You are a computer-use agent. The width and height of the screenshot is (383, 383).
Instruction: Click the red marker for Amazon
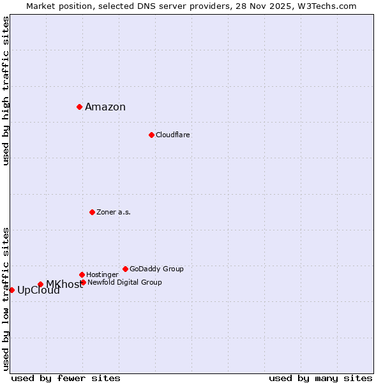(79, 107)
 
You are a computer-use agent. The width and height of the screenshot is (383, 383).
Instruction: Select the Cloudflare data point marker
(151, 135)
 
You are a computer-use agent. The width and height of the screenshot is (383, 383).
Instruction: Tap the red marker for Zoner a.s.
(92, 212)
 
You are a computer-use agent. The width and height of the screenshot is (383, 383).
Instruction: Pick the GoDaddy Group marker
(125, 269)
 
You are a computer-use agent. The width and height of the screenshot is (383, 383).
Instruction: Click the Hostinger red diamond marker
(82, 274)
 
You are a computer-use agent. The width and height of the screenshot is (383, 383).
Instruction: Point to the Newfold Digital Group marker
(83, 282)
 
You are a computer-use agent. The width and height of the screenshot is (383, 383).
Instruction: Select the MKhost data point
(40, 284)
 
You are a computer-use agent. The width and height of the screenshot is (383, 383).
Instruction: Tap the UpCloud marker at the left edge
(11, 290)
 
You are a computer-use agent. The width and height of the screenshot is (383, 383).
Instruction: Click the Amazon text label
(105, 107)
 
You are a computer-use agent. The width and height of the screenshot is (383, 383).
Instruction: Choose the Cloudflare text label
(173, 135)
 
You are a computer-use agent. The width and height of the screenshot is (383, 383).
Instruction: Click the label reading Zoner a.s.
(114, 212)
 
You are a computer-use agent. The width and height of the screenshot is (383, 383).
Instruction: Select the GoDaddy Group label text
(156, 269)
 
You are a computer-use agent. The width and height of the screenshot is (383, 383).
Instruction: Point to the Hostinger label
(102, 274)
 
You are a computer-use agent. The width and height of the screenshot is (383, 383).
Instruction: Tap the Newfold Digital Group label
(124, 282)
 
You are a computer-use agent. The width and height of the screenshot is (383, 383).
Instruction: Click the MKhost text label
(64, 285)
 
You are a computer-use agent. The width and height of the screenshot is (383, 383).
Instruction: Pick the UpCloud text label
(38, 290)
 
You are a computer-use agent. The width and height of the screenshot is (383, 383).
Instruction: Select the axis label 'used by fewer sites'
(66, 378)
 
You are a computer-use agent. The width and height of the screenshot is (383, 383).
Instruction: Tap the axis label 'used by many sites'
(320, 378)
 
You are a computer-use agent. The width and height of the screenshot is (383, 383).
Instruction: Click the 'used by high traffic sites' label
(6, 91)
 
